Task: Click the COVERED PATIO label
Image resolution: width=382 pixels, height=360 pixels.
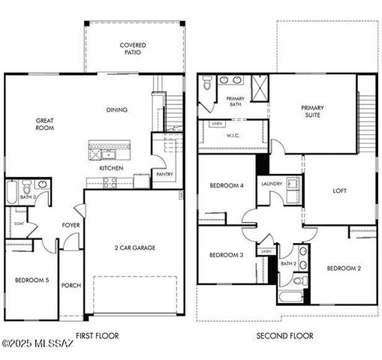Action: tap(133, 49)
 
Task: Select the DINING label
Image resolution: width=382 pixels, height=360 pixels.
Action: tap(116, 110)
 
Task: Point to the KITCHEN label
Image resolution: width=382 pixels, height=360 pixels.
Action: tap(111, 168)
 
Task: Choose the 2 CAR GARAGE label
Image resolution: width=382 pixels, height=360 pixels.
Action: tap(135, 247)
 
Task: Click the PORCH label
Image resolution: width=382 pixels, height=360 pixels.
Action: tap(71, 285)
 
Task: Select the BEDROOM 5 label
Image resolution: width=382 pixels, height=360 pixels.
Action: tap(32, 280)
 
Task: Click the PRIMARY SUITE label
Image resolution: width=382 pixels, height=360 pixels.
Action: tap(313, 111)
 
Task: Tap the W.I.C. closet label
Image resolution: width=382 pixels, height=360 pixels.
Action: tap(233, 136)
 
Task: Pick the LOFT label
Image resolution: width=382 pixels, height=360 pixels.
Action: tap(340, 190)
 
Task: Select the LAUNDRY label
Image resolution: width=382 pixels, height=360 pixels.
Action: tap(271, 184)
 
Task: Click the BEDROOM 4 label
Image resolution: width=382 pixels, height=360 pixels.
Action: tap(226, 185)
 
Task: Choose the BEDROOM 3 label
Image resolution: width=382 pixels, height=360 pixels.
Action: tap(226, 255)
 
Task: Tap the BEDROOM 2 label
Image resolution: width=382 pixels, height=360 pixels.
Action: tap(344, 268)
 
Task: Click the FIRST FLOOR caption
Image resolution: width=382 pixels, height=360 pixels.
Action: tap(98, 335)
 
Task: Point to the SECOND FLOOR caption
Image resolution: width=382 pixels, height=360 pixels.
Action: tap(285, 335)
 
